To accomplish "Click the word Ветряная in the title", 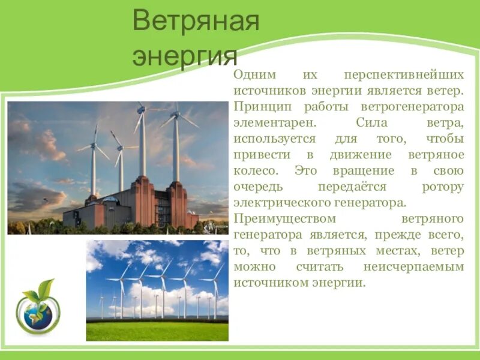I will (x=196, y=22).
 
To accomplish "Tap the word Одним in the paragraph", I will (x=254, y=76).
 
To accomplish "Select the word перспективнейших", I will (x=404, y=76).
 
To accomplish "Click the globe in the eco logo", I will (x=37, y=315).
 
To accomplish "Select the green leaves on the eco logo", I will (x=40, y=291).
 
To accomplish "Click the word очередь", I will (x=257, y=186).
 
